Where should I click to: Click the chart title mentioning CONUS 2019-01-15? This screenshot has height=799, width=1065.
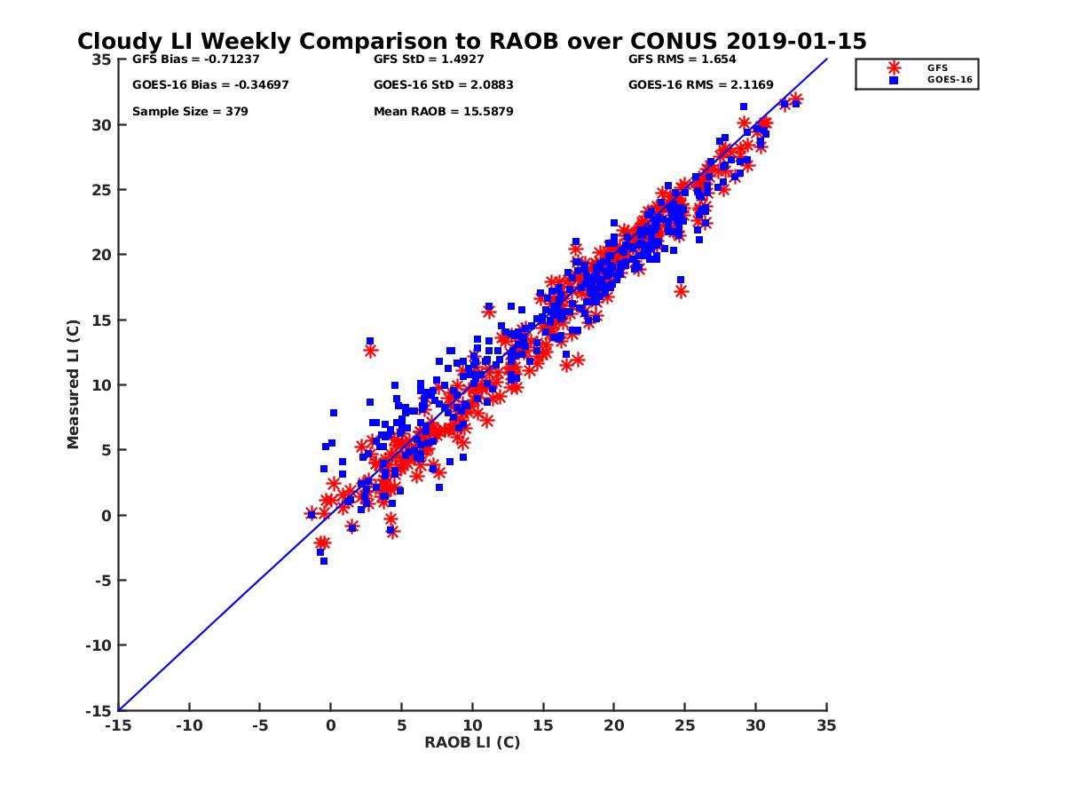coord(471,42)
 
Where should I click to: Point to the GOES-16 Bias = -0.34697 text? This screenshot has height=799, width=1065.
coord(210,85)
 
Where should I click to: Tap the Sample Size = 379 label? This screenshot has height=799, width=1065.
coord(190,112)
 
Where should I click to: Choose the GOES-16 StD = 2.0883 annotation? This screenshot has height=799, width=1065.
coord(444,85)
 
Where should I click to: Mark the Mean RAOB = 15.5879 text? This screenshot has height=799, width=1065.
coord(444,112)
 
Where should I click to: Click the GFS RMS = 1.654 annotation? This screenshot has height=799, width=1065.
coord(682,59)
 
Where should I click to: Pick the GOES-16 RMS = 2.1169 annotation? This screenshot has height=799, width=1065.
coord(700,85)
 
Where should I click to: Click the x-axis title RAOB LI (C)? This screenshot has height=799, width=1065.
coord(472,742)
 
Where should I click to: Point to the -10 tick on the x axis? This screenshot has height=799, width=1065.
coord(188,725)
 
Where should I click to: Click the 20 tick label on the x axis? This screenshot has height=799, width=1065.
coord(614,725)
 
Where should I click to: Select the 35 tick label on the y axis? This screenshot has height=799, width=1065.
coord(101,59)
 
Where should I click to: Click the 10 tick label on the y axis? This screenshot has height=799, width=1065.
coord(101,385)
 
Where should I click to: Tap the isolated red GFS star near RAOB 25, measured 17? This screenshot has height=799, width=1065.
coord(681,291)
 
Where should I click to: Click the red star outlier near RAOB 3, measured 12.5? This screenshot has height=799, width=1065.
coord(370,351)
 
